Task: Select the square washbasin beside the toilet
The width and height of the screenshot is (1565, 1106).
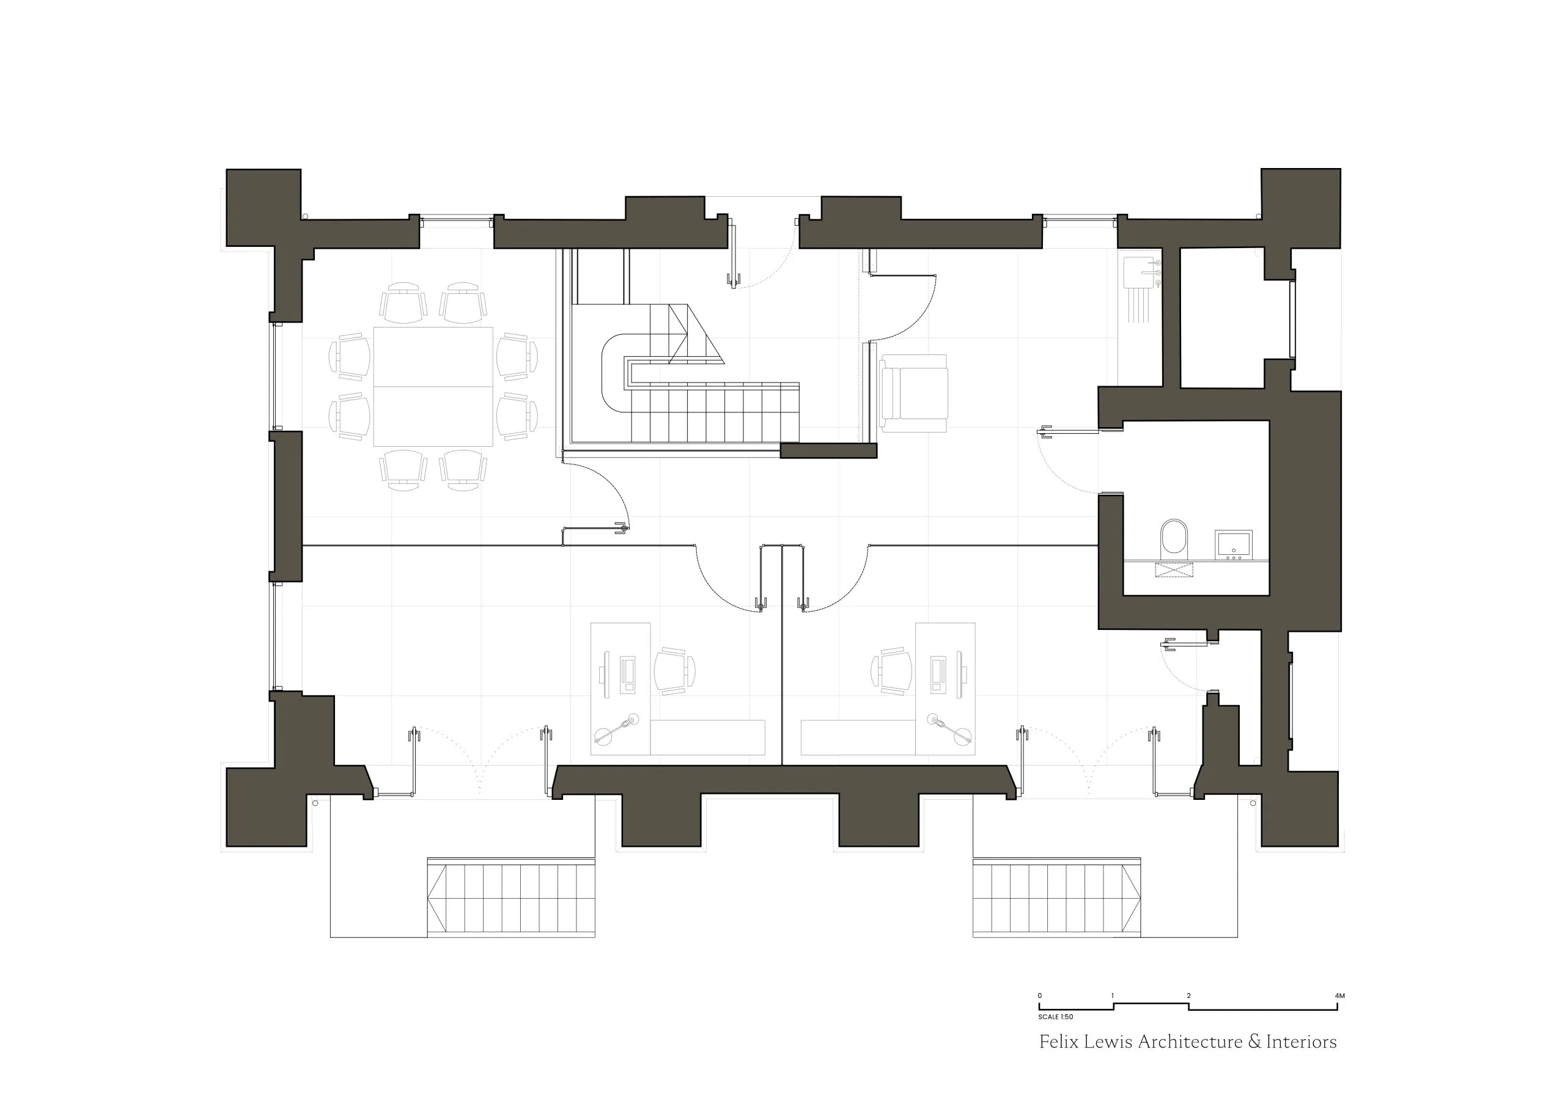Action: point(1233,544)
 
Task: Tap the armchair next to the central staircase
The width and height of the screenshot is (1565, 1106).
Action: point(913,393)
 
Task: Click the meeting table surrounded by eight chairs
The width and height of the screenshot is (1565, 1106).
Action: point(433,386)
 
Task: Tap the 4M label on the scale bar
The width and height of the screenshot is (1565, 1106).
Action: point(1339,995)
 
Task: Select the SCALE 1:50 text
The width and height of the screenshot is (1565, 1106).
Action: point(1056,1017)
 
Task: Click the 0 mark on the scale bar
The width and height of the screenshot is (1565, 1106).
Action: point(1039,995)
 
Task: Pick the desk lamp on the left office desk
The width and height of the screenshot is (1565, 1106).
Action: point(617,728)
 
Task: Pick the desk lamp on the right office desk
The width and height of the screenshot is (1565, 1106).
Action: point(949,728)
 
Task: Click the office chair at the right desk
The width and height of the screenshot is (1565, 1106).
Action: point(891,670)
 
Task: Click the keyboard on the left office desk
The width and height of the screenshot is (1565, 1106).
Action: point(627,674)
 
